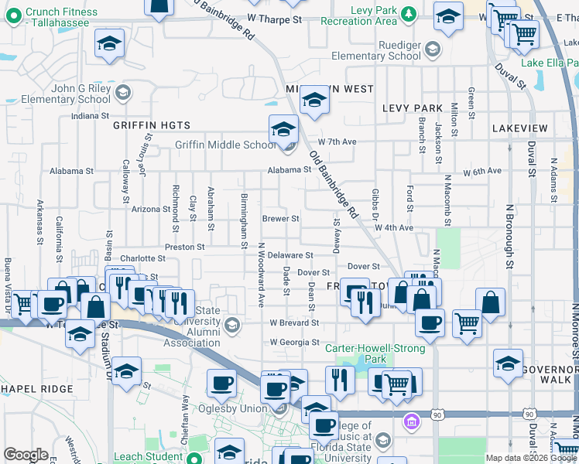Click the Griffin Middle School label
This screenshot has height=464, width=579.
(225, 145)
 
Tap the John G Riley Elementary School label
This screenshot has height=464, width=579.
(66, 94)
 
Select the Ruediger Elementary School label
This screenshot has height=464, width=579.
(376, 50)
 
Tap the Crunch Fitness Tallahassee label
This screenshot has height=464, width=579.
(61, 17)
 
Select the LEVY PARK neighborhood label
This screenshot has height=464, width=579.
(413, 109)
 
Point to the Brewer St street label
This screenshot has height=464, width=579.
(280, 219)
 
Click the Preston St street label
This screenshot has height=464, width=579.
(184, 247)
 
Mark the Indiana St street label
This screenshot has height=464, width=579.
(91, 116)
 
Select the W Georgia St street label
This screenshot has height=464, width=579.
(294, 342)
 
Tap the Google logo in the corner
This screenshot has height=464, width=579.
(26, 454)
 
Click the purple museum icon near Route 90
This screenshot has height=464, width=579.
(411, 421)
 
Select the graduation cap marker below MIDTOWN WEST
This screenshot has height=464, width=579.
(313, 100)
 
